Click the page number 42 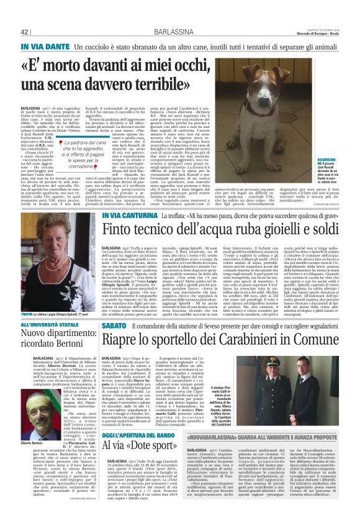[25, 32]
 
